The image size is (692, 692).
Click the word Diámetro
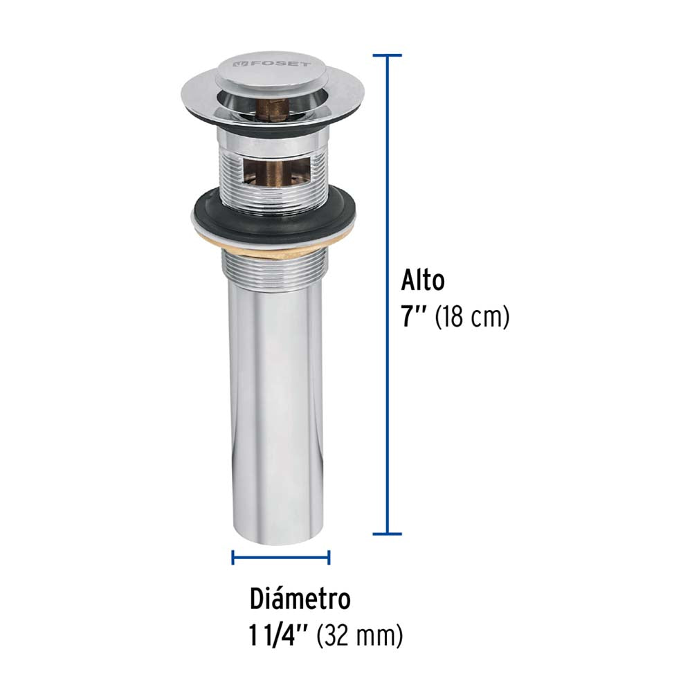[300, 599]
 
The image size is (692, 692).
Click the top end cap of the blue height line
[387, 55]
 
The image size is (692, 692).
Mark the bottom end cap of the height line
[387, 534]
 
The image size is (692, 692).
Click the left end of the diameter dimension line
[233, 557]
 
